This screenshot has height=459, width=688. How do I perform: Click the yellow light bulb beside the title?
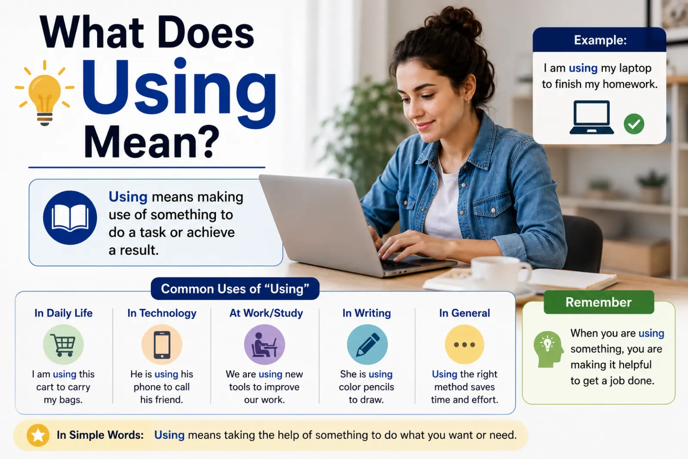pos(45,93)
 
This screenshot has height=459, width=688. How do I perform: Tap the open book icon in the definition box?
pos(70,218)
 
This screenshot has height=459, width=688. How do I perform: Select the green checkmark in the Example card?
pos(634,124)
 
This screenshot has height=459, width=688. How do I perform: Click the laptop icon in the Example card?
pos(592,117)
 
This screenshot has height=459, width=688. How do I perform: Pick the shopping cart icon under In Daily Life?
pos(63,345)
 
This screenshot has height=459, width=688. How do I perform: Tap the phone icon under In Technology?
pos(162,345)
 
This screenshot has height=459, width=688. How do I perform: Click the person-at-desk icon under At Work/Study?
pos(264,345)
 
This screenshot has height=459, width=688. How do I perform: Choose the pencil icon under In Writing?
pos(367,345)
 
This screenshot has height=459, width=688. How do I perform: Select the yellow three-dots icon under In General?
pos(464,345)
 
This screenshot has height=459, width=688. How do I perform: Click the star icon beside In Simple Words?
pos(38,435)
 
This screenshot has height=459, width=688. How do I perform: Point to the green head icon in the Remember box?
pos(549,349)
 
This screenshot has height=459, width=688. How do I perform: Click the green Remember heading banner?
pos(599,302)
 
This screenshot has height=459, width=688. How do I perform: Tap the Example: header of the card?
pos(599,40)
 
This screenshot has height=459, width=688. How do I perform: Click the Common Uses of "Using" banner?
pos(235,289)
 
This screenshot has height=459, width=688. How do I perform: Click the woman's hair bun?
pos(455,22)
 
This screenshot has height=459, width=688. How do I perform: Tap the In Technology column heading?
pos(162,313)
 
